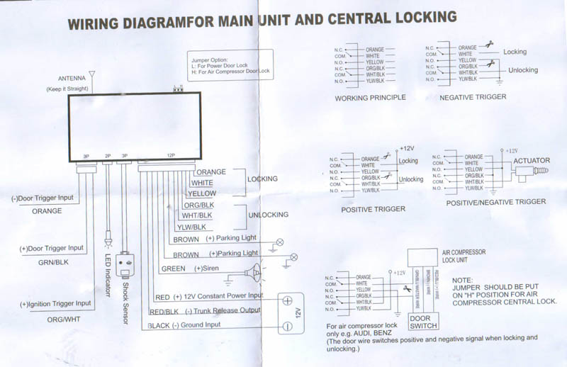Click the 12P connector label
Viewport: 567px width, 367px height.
click(170, 155)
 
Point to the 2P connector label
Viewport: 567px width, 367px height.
click(107, 155)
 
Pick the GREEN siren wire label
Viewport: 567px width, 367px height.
click(173, 269)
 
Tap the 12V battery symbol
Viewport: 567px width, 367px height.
click(288, 312)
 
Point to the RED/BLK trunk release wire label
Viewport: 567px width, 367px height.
click(163, 311)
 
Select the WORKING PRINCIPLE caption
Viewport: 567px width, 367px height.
click(371, 98)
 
